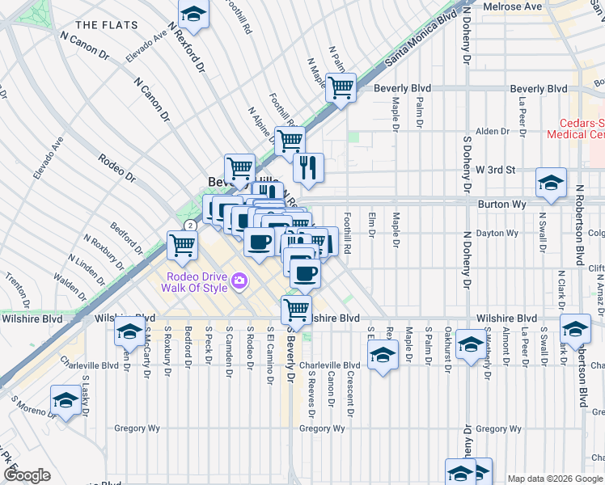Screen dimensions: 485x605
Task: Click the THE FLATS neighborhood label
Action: coord(108,25)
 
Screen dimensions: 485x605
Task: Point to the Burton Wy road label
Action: coord(501,205)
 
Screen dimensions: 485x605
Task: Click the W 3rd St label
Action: coord(495,170)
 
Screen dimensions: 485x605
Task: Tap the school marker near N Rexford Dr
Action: coord(193,13)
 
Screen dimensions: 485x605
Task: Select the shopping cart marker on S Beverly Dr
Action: coord(297,308)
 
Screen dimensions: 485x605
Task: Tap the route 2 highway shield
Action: coord(189,225)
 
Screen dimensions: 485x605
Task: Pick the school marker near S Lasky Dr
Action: coord(66,399)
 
